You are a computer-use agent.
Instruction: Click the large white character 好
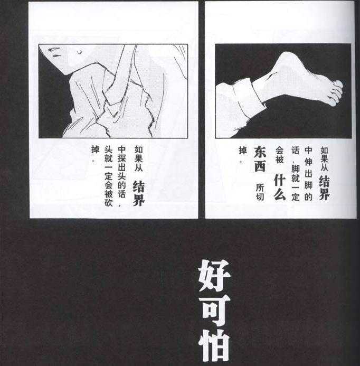(x=214, y=276)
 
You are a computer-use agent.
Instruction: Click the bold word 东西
(x=260, y=159)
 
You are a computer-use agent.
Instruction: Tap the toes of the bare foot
(x=336, y=92)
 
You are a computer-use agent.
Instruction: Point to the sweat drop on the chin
(x=80, y=51)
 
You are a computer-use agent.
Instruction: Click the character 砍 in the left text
(x=108, y=202)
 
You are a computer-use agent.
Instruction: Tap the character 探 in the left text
(x=121, y=159)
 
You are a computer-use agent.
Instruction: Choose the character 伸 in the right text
(x=308, y=161)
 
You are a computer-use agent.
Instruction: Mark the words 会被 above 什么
(x=280, y=155)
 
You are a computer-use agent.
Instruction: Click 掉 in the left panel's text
(x=96, y=149)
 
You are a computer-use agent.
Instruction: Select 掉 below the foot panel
(x=243, y=151)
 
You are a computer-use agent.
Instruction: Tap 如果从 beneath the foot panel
(x=324, y=159)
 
